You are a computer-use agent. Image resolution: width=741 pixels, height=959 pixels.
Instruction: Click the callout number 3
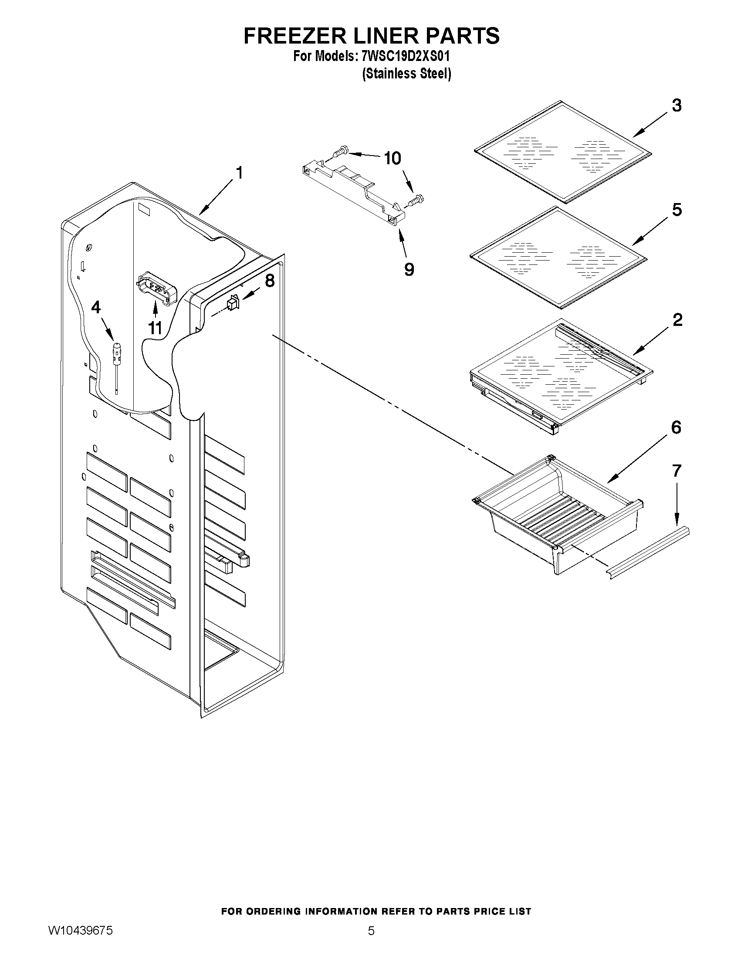677,105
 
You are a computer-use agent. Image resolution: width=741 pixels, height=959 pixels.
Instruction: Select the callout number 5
677,210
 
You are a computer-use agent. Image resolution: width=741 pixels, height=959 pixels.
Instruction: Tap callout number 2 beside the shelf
677,320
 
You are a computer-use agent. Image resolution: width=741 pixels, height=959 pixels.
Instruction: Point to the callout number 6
676,427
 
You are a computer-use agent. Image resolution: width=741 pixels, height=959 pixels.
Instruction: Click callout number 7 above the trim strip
677,471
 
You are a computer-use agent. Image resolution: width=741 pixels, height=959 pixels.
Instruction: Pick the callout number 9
409,269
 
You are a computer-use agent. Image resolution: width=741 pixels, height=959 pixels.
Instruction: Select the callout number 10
392,158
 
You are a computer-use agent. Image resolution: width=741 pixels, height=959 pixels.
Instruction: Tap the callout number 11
155,328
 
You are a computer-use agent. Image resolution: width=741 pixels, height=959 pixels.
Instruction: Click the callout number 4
96,307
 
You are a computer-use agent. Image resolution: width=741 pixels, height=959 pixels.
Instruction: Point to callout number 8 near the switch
270,281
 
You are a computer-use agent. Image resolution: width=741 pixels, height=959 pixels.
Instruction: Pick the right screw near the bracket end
415,201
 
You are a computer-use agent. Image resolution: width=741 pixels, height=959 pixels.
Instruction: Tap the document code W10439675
80,942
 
